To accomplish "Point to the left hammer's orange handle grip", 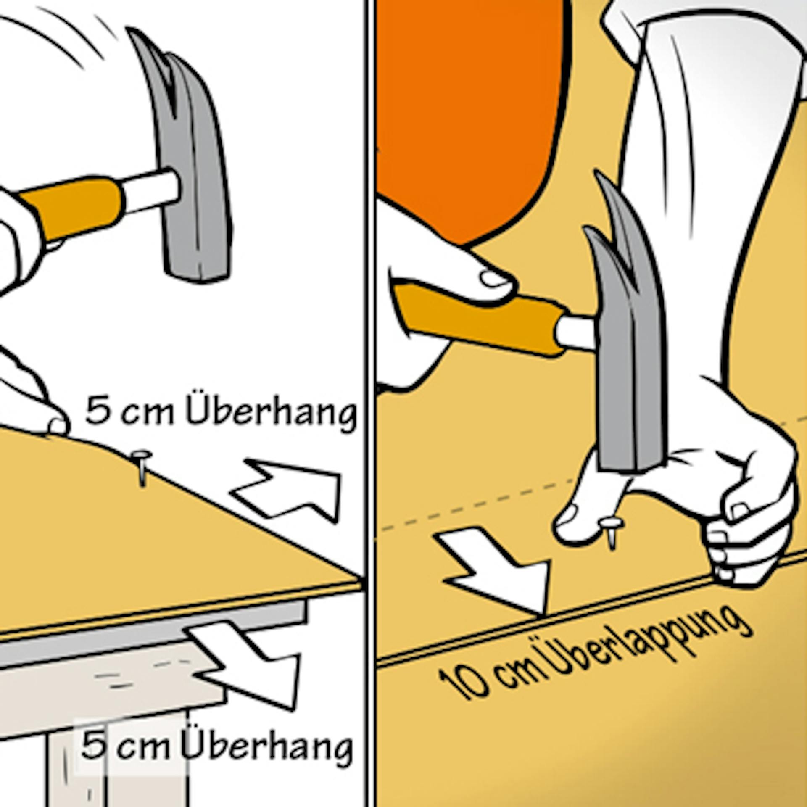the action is coord(71,208).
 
